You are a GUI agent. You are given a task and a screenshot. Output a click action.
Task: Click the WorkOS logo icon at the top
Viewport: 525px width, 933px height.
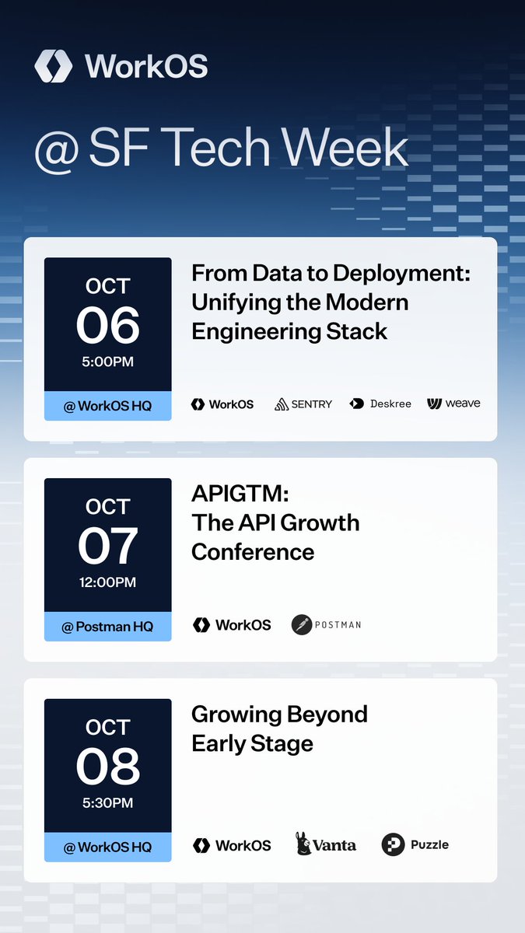[53, 66]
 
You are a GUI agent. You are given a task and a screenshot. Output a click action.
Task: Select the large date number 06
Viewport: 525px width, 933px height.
[107, 326]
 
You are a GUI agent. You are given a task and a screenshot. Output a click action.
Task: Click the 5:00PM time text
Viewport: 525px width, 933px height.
[107, 362]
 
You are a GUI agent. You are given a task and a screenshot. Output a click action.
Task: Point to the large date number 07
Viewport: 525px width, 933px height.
[107, 546]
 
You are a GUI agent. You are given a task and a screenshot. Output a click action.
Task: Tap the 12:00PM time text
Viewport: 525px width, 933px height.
[107, 582]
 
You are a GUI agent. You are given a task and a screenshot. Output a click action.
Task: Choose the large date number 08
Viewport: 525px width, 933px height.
[107, 767]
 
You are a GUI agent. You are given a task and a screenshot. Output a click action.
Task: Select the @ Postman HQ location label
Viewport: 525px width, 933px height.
[107, 627]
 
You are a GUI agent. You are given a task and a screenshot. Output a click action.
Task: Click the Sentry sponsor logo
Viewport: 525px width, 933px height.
[303, 404]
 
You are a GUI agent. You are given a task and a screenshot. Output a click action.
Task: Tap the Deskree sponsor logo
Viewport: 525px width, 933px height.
[380, 404]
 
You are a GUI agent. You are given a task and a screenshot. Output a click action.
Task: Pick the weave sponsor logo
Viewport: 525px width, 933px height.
[453, 404]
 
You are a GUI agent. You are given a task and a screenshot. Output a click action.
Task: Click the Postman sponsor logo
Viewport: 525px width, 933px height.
[326, 624]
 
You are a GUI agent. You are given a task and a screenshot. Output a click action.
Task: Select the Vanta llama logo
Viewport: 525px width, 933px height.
[304, 844]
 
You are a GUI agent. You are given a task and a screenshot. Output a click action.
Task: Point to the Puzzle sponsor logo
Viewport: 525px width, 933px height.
[415, 844]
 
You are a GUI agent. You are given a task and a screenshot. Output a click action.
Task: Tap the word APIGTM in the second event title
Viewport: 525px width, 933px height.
[229, 493]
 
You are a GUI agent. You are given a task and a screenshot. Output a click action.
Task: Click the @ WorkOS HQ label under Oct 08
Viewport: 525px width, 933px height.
[107, 847]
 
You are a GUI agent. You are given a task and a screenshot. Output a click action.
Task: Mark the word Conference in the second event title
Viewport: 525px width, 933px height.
[253, 552]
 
